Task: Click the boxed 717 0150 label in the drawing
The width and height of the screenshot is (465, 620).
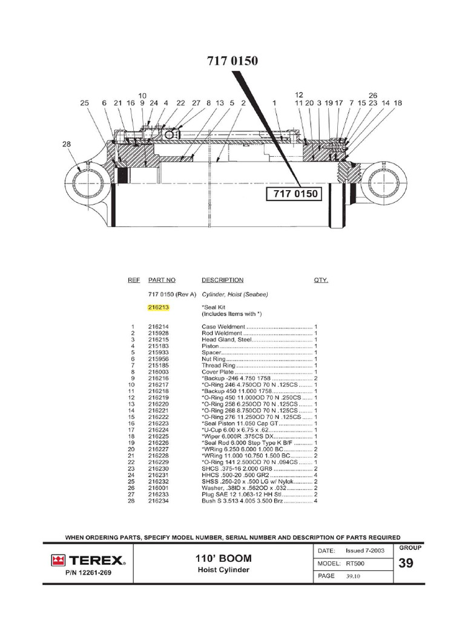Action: pos(294,194)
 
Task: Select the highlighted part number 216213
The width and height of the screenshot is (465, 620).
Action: pos(159,308)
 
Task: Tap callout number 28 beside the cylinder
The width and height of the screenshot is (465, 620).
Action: pos(66,144)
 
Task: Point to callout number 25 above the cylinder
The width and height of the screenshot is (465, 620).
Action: pos(84,104)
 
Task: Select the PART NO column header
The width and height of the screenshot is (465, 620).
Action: pos(162,280)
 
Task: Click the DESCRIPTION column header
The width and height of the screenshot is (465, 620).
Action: pos(222,280)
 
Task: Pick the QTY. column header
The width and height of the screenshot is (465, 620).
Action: pos(321,280)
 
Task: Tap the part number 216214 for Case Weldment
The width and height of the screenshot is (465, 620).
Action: pos(159,327)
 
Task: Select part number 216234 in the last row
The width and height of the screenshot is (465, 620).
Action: pos(159,501)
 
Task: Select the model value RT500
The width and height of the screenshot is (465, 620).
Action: pos(355,563)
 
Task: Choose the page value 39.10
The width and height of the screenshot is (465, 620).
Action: pos(353,576)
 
